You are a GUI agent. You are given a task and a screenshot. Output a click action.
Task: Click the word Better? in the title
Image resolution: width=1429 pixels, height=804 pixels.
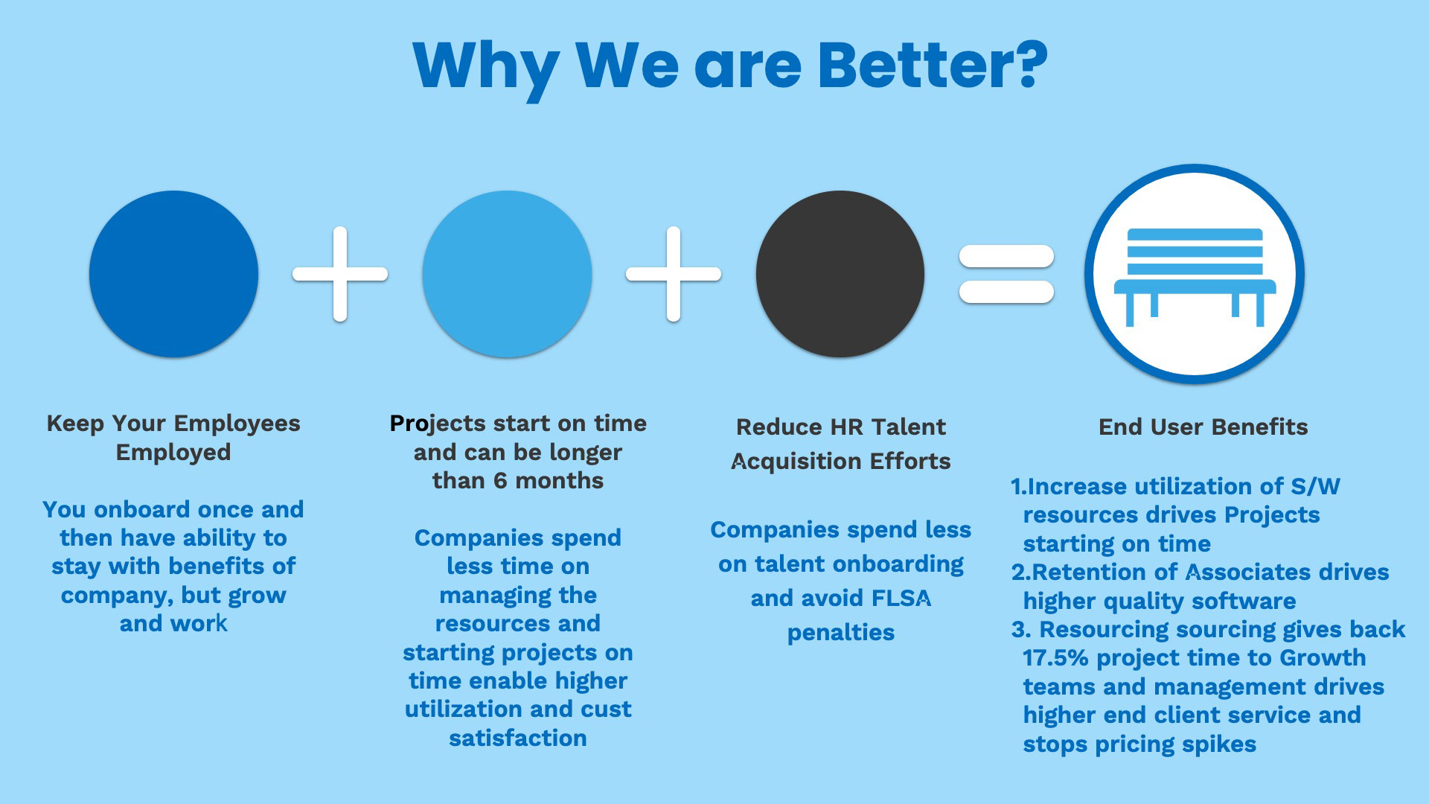tap(933, 65)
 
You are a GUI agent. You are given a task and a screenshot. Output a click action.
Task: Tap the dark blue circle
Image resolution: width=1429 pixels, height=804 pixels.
tap(173, 274)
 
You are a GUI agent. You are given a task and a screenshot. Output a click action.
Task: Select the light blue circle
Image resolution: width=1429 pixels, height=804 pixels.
tap(507, 274)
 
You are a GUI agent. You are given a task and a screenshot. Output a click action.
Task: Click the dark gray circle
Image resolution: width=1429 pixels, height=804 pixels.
tap(840, 274)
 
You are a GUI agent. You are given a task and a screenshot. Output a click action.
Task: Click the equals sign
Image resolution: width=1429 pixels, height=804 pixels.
tap(1006, 274)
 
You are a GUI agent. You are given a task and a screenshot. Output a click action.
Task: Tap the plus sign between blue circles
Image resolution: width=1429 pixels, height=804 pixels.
tap(340, 274)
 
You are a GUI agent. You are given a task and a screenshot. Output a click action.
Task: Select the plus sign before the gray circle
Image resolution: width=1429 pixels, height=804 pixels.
tap(674, 274)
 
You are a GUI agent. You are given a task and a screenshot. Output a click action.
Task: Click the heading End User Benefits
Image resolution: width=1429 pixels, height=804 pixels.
tap(1203, 427)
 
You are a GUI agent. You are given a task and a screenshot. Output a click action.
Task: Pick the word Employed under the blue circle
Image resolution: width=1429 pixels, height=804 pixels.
tap(173, 453)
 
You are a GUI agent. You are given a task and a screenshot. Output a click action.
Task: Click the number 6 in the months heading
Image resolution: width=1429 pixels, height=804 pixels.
tap(500, 481)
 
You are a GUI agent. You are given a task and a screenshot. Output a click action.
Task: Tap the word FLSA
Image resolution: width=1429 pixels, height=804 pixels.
tap(901, 599)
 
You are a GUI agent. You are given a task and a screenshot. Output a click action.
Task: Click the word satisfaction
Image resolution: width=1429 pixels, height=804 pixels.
tap(518, 738)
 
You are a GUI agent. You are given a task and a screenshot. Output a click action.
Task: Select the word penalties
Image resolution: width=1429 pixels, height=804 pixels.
tap(841, 633)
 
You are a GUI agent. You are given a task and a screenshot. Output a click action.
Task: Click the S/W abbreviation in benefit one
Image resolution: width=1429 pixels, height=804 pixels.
tap(1315, 486)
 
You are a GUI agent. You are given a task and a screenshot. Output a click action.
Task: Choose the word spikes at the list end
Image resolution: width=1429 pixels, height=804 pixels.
tap(1220, 744)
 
